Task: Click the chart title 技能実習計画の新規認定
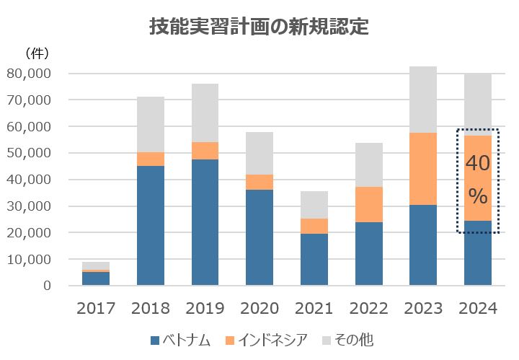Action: [259, 27]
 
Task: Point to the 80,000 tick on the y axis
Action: [29, 74]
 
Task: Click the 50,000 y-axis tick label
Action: [29, 153]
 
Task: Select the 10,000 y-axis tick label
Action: [29, 259]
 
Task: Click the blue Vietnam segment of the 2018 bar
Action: [151, 225]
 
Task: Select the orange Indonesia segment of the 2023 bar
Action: [423, 169]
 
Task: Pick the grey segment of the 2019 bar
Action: [205, 113]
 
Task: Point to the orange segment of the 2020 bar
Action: [259, 182]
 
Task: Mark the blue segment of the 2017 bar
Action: [96, 278]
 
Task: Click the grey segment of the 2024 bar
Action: [478, 101]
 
